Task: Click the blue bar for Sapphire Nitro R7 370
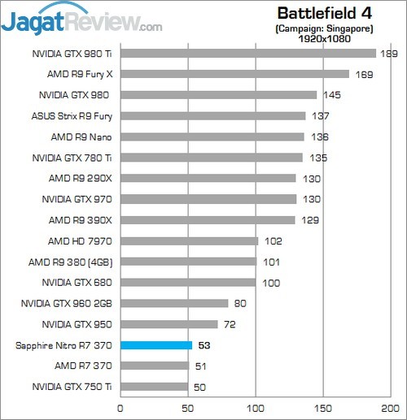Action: [155, 345]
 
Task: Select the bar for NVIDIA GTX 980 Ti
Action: [247, 54]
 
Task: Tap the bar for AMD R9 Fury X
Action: [234, 74]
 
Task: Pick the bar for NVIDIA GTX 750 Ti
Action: [154, 387]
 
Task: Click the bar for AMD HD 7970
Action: [189, 240]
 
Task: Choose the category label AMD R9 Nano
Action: [85, 136]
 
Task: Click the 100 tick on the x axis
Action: [256, 408]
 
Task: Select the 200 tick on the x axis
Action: [392, 408]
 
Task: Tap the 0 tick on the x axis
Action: [120, 408]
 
